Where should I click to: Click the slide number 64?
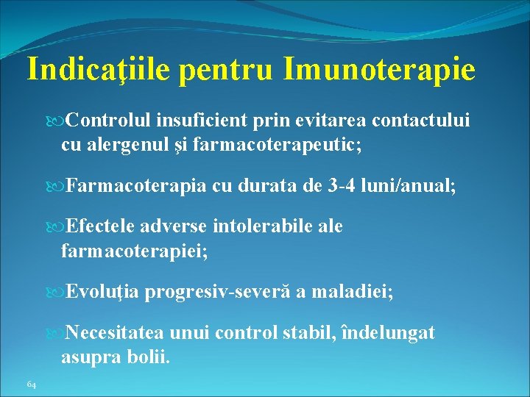(31, 384)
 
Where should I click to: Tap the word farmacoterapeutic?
(279, 145)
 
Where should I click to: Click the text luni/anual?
(417, 186)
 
